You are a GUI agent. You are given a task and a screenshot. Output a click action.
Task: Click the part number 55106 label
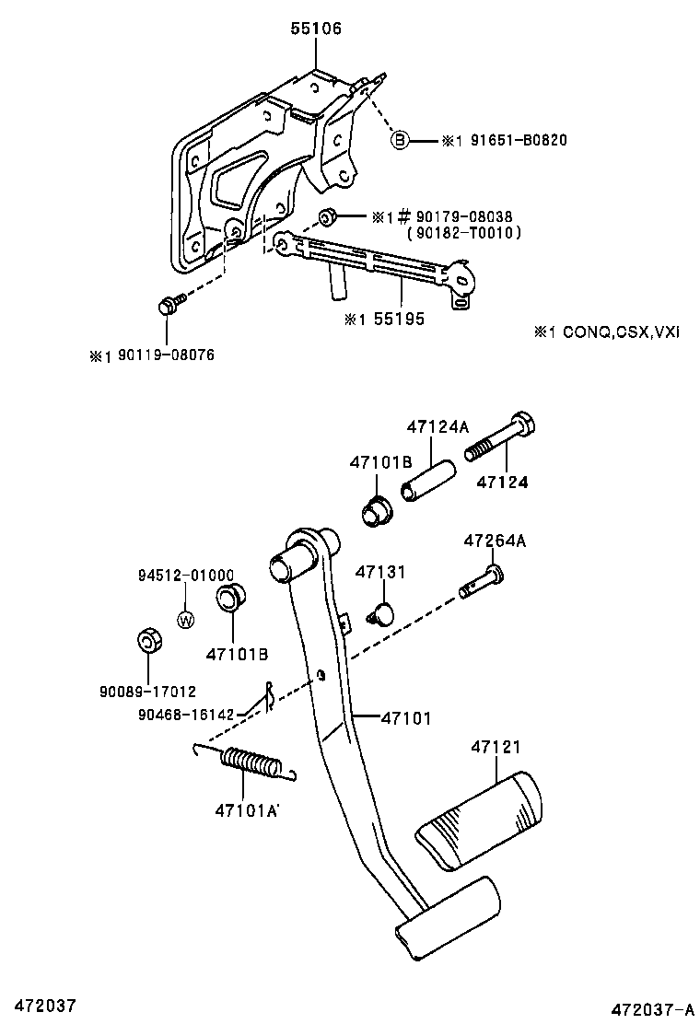pyautogui.click(x=315, y=29)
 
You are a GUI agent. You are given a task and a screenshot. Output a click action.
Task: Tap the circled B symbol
pyautogui.click(x=399, y=140)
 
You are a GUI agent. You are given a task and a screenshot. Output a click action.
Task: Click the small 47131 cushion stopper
pyautogui.click(x=379, y=611)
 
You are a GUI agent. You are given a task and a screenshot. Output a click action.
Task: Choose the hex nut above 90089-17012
pyautogui.click(x=147, y=640)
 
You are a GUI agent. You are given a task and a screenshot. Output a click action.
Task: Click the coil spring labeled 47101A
pyautogui.click(x=250, y=763)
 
